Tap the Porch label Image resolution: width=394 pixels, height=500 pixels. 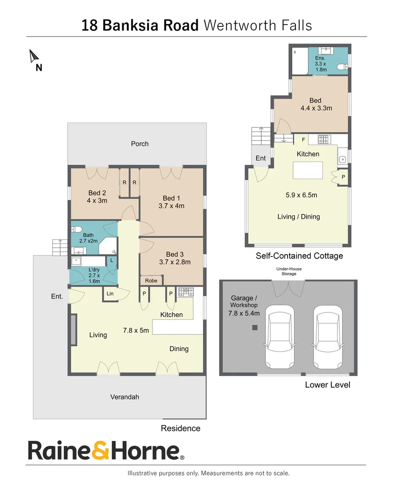[140, 144]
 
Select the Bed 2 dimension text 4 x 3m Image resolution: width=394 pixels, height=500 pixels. [97, 200]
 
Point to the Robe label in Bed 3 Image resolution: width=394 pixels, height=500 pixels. [151, 281]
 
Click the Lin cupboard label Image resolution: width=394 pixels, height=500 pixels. [110, 294]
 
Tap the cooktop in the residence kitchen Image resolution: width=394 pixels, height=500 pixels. [186, 292]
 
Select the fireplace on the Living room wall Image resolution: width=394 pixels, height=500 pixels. [74, 330]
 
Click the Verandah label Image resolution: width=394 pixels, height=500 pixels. [125, 397]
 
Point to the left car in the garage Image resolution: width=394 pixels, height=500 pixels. [280, 337]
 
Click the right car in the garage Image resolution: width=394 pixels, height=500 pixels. [328, 337]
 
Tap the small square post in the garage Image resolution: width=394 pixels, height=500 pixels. [255, 327]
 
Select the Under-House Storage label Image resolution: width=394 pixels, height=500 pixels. [289, 271]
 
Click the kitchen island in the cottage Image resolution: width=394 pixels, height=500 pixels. [308, 170]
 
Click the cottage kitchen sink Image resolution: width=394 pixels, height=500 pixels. [343, 159]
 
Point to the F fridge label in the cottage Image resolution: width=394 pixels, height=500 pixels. [303, 140]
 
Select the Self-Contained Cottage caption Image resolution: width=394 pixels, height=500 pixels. [300, 256]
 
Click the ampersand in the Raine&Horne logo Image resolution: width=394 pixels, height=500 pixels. [101, 450]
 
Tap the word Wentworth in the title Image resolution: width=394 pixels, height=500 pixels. [240, 25]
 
